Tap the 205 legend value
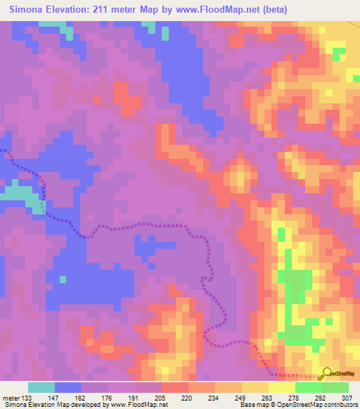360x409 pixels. tap(162, 397)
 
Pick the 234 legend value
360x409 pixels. tap(214, 397)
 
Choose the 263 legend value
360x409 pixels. tap(268, 397)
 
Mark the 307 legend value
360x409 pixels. tap(347, 397)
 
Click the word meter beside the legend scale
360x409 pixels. tap(11, 397)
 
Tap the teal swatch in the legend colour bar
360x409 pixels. tap(41, 387)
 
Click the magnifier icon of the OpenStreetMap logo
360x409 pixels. tap(326, 373)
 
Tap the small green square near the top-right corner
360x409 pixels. tap(338, 51)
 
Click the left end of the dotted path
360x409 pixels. tap(2, 150)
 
